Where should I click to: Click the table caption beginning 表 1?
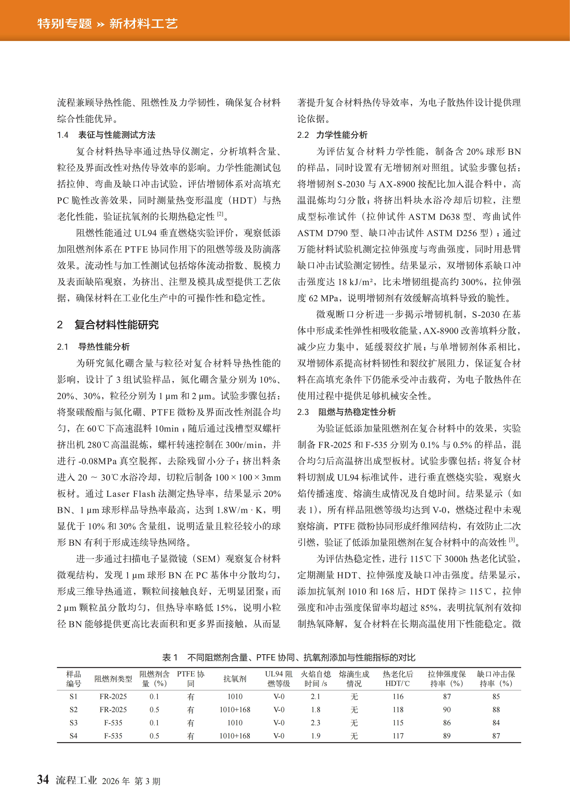point(289,657)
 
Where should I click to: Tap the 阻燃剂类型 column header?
point(113,679)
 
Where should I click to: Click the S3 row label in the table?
point(73,723)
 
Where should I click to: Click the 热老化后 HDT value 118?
point(398,710)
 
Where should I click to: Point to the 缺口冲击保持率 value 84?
point(496,723)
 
